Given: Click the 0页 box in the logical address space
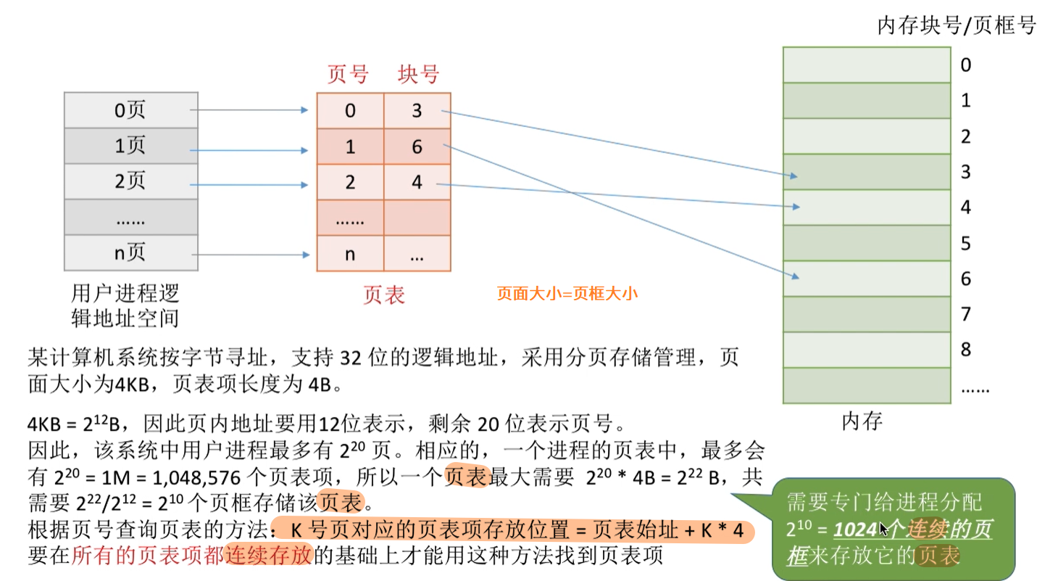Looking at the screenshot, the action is tap(130, 110).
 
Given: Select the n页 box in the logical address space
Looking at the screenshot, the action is tap(130, 252).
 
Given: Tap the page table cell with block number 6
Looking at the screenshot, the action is tap(417, 147).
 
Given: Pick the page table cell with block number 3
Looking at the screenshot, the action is tap(417, 110).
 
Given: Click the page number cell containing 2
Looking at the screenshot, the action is tap(350, 182).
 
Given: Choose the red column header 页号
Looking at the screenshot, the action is tap(348, 74).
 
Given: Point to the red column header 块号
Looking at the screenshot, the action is tap(418, 74).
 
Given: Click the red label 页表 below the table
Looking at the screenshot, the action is tap(383, 294).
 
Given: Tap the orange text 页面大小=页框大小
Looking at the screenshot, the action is tap(567, 294).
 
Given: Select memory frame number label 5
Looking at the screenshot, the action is tap(965, 243).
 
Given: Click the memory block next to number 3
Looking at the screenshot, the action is tap(867, 172).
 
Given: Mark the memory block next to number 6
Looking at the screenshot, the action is tap(867, 279).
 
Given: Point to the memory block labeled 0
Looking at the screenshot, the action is tap(867, 65).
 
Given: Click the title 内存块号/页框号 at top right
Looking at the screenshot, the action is tap(957, 26).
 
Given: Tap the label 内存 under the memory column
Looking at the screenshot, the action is tap(862, 421).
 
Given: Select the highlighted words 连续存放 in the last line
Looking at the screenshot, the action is tap(267, 554).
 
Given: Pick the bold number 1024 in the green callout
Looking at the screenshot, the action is tap(856, 530).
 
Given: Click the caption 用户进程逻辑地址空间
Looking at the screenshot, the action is tap(125, 305).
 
